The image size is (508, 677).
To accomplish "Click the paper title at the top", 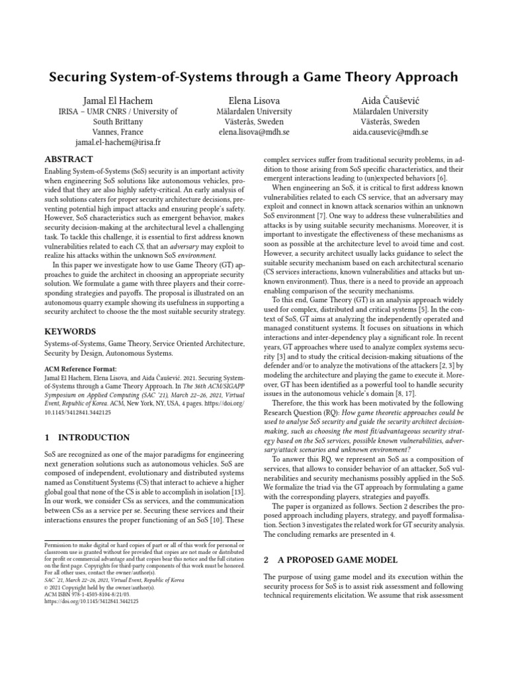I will (254, 77).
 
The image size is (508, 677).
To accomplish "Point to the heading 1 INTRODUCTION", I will (86, 438).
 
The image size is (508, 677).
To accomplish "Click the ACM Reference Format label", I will (80, 368).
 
